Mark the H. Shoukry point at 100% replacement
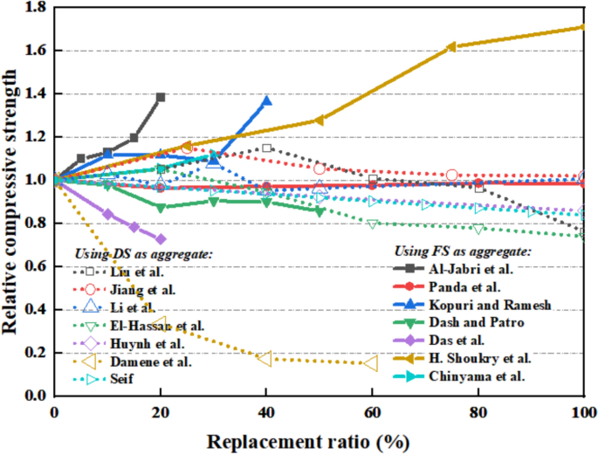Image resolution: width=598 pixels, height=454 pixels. (582, 27)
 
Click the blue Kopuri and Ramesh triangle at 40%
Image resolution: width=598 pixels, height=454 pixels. (266, 100)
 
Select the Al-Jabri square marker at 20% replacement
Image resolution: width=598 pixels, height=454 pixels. (161, 97)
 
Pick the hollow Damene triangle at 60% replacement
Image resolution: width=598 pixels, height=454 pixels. (371, 362)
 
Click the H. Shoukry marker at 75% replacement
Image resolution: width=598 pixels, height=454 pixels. (451, 47)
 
